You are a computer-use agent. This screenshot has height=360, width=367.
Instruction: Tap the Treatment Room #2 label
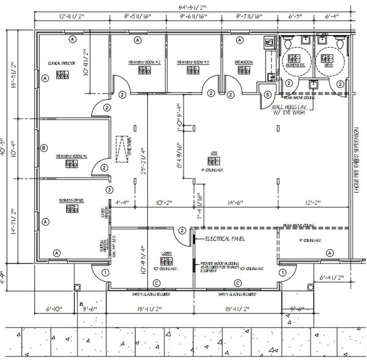(144, 63)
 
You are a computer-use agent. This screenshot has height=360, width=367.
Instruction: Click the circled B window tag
(43, 148)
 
